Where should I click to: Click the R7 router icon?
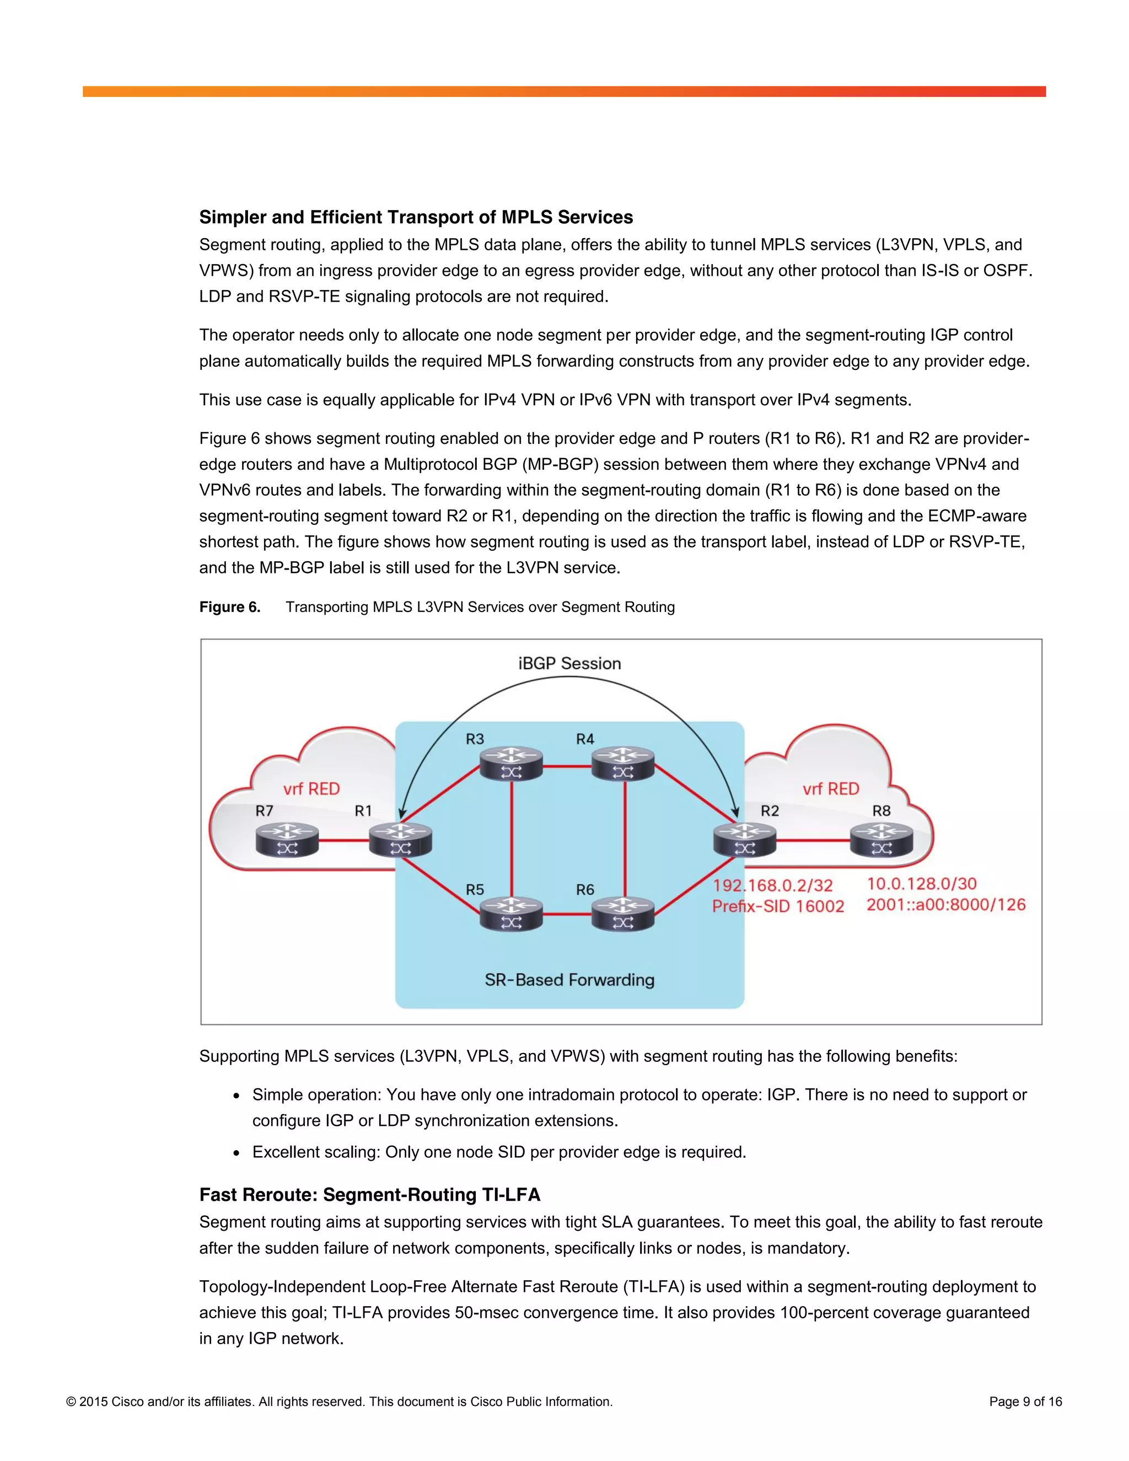(x=287, y=840)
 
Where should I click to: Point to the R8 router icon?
(x=881, y=840)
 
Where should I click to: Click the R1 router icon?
(x=401, y=840)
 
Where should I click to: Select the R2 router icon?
(x=744, y=840)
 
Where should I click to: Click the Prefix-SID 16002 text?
(x=778, y=906)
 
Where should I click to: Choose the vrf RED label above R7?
(x=311, y=789)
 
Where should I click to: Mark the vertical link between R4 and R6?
(x=625, y=840)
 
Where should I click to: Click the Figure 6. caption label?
(x=229, y=607)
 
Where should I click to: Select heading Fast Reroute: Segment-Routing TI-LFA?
(x=369, y=1194)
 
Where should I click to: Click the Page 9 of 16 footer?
(x=1025, y=1401)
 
